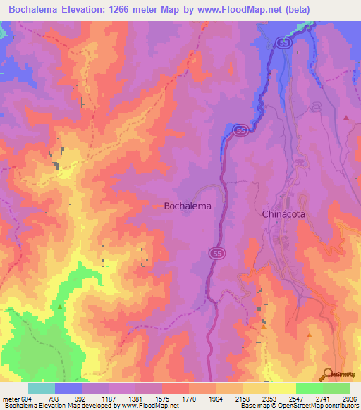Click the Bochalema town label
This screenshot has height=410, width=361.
click(x=188, y=206)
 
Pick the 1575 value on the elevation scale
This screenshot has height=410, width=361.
click(x=163, y=399)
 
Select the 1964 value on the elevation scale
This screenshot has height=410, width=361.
click(x=216, y=399)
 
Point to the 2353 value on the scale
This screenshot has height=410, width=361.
click(x=270, y=399)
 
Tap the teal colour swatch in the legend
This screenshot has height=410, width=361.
click(x=42, y=388)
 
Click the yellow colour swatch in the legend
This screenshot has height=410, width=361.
click(x=283, y=388)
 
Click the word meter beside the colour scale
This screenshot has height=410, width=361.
click(x=11, y=399)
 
